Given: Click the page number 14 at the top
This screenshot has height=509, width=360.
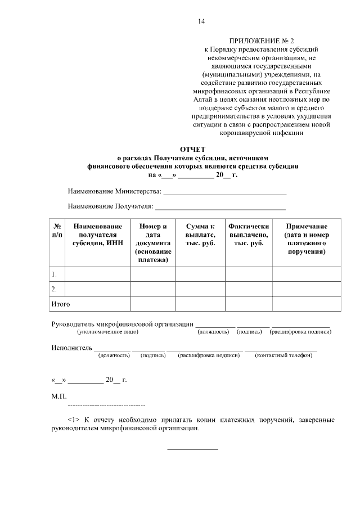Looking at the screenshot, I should click(x=201, y=22).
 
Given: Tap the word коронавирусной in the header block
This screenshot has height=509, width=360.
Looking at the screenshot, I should click(x=238, y=133).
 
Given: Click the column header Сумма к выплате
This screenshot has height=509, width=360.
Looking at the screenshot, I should click(x=200, y=234).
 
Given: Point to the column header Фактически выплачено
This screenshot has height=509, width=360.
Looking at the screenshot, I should click(x=249, y=234).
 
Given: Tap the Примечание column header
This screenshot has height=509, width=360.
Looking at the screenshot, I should click(x=307, y=238).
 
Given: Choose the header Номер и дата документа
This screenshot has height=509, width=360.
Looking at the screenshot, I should click(x=153, y=242).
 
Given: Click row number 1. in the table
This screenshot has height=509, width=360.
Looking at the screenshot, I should click(x=55, y=274).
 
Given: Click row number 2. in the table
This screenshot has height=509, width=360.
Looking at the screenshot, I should click(x=55, y=289).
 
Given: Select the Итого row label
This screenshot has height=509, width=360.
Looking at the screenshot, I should click(x=61, y=304).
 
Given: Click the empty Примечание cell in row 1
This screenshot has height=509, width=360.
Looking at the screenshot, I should click(x=307, y=274).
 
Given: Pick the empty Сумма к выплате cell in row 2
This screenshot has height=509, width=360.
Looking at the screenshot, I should click(x=200, y=289).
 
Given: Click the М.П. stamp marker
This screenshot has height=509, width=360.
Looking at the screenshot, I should click(x=59, y=396).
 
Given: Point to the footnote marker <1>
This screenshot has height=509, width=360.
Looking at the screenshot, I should click(x=74, y=420).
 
